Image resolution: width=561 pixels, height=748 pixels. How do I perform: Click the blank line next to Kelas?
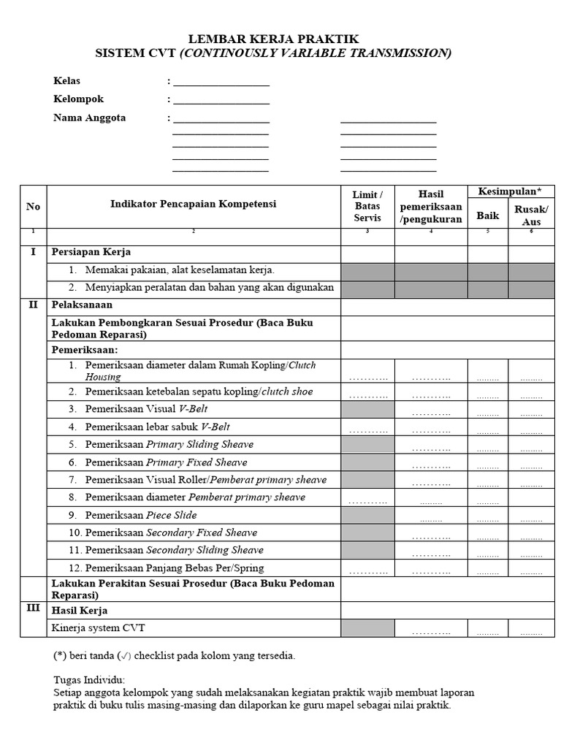pyautogui.click(x=221, y=81)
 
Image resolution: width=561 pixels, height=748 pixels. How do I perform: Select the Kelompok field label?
pyautogui.click(x=79, y=99)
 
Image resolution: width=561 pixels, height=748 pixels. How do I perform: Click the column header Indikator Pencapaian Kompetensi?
pyautogui.click(x=193, y=205)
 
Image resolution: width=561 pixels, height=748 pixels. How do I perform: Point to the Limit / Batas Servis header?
pyautogui.click(x=367, y=206)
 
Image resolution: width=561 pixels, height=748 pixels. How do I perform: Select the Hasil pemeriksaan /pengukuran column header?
pyautogui.click(x=431, y=206)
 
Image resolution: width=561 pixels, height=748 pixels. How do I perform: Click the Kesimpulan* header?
pyautogui.click(x=510, y=191)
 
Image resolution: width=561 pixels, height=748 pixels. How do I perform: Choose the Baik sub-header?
pyautogui.click(x=487, y=215)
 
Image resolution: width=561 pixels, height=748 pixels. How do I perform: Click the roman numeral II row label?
pyautogui.click(x=33, y=305)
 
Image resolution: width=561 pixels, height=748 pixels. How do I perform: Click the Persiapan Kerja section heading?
pyautogui.click(x=91, y=252)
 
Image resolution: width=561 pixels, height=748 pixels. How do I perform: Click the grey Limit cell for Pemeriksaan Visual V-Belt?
pyautogui.click(x=367, y=409)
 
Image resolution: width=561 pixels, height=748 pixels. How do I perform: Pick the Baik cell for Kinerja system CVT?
pyautogui.click(x=487, y=628)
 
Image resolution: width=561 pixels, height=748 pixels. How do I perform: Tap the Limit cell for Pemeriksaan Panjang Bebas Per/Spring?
pyautogui.click(x=367, y=568)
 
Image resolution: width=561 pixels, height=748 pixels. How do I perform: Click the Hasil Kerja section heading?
pyautogui.click(x=80, y=610)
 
